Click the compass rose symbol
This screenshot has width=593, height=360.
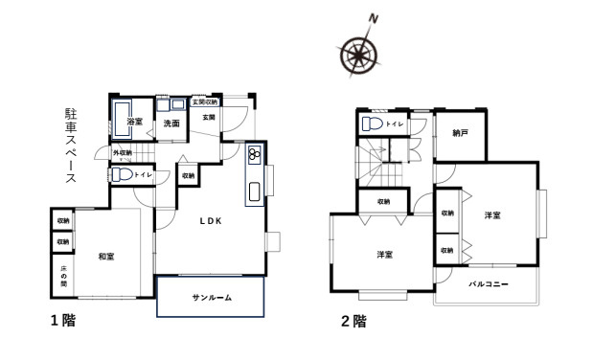point(358,56)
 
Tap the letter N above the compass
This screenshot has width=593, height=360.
point(374,19)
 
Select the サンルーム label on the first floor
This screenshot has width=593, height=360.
point(212,298)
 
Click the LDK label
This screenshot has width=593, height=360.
point(211,221)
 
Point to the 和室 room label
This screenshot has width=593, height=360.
point(106,257)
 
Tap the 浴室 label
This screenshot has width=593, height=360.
point(135,122)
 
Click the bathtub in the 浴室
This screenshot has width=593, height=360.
point(122,119)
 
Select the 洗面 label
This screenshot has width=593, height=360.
point(171,124)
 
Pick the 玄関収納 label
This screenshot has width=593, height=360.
point(205,102)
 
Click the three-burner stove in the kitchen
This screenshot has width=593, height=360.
point(254,155)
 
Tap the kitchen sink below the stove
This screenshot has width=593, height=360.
point(255,191)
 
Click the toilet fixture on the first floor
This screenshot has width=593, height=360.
point(122,174)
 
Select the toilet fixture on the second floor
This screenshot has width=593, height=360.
point(373,124)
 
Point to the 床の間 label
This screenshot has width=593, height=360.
point(63,276)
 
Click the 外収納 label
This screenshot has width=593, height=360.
point(123,153)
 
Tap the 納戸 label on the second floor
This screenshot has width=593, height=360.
point(460,133)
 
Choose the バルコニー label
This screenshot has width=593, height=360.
point(489,284)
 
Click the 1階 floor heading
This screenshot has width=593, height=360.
point(63,321)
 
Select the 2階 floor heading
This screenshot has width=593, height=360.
point(354,322)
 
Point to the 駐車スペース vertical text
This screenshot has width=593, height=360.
point(71,146)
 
